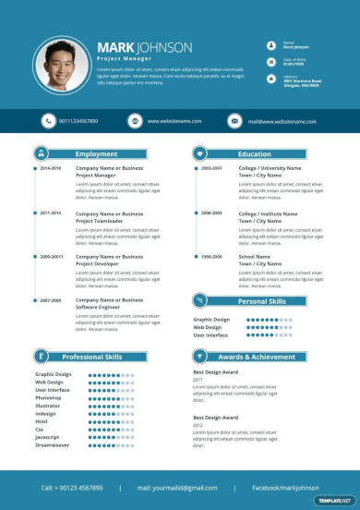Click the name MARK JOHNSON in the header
[145, 47]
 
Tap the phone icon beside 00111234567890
[48, 121]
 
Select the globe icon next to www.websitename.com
[134, 121]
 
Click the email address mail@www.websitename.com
[275, 121]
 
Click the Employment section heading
[96, 154]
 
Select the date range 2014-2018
[50, 168]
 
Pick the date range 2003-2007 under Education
[211, 168]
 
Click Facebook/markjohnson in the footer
[285, 487]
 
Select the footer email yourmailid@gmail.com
[177, 487]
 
